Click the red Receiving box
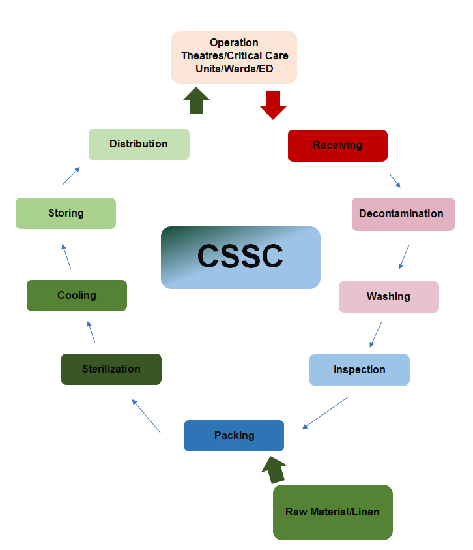point(337,145)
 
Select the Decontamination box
point(403,214)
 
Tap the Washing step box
point(388,297)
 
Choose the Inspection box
point(359,370)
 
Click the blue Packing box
point(234,436)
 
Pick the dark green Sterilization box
point(111,369)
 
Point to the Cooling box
point(76,296)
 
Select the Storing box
point(65,213)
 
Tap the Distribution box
point(139,144)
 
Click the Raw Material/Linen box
point(332,512)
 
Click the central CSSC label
point(240,257)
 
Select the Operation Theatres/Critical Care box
point(234,57)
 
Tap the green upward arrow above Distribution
point(196,101)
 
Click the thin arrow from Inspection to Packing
point(325,413)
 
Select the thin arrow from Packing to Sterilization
point(146,416)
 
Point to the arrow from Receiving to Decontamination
point(395,181)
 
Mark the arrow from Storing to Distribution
point(72,175)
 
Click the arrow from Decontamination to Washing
point(404,256)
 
